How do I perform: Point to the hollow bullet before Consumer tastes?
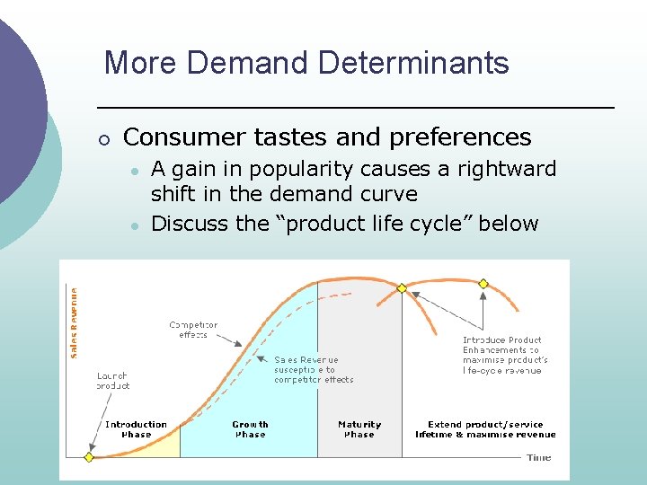point(104,139)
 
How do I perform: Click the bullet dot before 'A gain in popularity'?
point(133,171)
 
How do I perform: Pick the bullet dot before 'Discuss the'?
point(133,225)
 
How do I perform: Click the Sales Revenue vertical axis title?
point(74,322)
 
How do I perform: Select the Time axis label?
point(539,457)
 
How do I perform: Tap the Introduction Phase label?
point(136,429)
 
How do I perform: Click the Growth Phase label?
point(250,429)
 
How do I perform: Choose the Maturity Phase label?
point(359,429)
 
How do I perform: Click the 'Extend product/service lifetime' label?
point(485,429)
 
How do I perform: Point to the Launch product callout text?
point(112,380)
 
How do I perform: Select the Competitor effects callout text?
point(193,330)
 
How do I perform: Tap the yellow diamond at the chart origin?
point(88,457)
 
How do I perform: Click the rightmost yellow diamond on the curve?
point(483,284)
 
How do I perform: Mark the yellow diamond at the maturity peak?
point(402,288)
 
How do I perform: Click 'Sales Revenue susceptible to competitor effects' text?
point(314,369)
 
